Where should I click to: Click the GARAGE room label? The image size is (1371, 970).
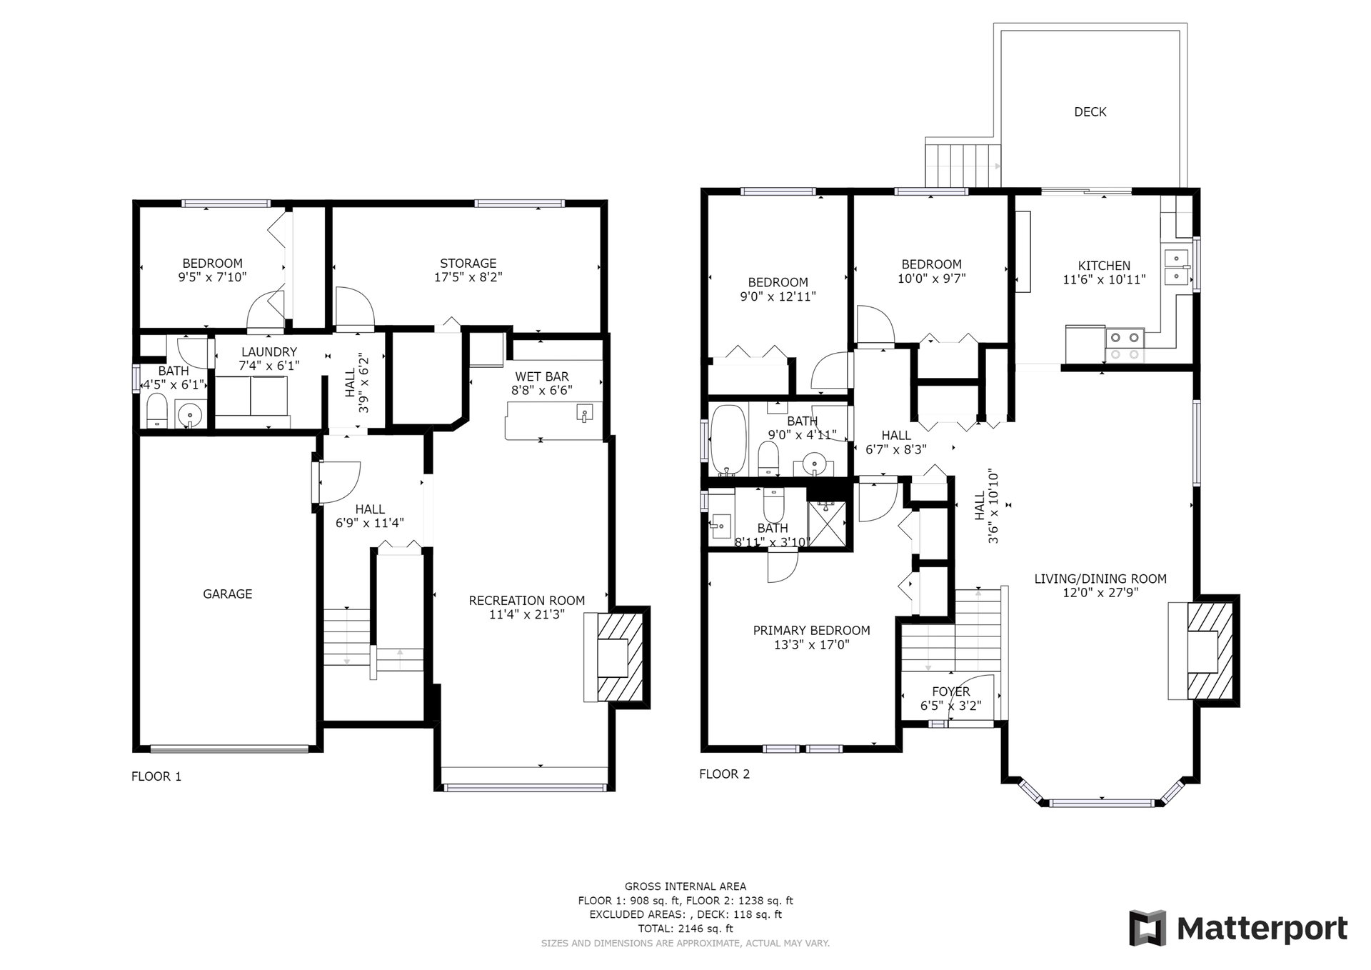coord(228,594)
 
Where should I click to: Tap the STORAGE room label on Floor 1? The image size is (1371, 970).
coord(468,264)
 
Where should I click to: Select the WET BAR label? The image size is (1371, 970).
coord(542,376)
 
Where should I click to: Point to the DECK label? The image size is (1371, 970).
coord(1090,111)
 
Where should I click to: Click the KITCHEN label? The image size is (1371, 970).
coord(1104,266)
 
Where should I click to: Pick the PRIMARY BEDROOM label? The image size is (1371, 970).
coord(812,631)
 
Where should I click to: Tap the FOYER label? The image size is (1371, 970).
coord(951,691)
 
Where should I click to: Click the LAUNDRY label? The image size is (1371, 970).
coord(269,351)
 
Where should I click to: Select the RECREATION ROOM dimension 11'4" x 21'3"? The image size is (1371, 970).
coord(527,614)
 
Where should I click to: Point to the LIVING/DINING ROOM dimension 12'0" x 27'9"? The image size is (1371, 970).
coord(1100,592)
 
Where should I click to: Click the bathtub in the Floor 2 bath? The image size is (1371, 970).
coord(729,440)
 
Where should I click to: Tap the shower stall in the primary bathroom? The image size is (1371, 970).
coord(828,524)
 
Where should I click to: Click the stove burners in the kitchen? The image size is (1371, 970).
coord(1125,345)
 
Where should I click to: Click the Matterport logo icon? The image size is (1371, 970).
coord(1147,928)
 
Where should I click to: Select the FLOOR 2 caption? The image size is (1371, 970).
coord(725,774)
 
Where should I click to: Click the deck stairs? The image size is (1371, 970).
coord(962,164)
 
